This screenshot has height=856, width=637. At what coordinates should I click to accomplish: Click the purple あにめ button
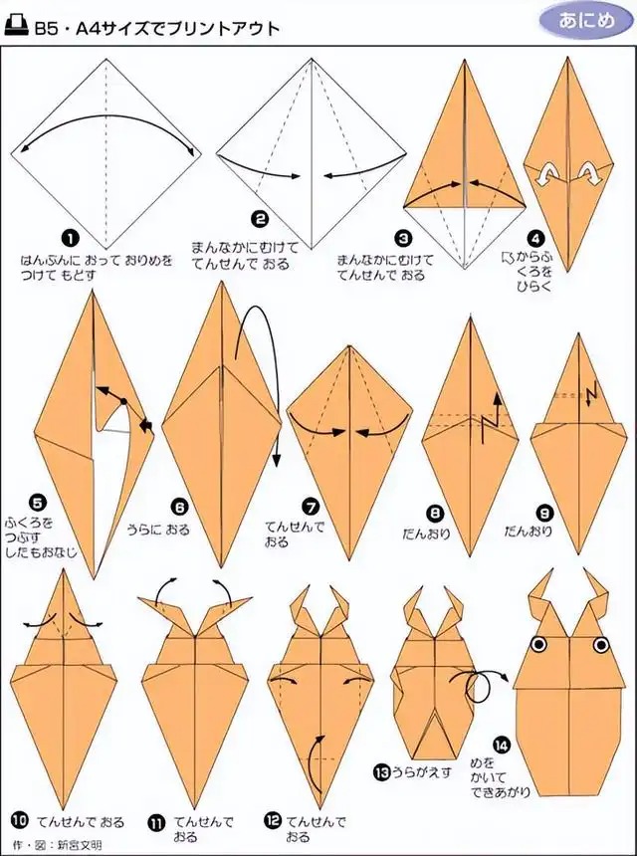coord(585,21)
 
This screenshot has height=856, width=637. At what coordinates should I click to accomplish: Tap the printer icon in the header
coord(16,26)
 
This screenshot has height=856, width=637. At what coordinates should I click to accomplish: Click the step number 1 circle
coord(70,239)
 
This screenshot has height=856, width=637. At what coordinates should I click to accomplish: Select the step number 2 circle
coord(260,219)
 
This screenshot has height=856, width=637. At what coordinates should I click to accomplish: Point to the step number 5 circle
coord(38,503)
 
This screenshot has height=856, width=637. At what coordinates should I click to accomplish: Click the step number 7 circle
coord(312,508)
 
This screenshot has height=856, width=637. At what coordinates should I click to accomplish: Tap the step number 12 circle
coord(273,820)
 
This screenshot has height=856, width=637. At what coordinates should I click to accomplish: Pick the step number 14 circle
coord(501,745)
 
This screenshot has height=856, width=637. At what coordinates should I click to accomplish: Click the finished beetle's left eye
coord(538,645)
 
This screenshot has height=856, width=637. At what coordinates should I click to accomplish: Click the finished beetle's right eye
coord(601,645)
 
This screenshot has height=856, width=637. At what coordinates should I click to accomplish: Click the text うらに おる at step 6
coord(158,529)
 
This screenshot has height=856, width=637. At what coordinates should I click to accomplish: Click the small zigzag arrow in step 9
coord(590,394)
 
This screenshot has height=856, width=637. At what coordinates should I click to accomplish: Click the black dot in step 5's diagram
coord(123,401)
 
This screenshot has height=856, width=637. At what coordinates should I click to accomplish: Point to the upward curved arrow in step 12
coord(312,757)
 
